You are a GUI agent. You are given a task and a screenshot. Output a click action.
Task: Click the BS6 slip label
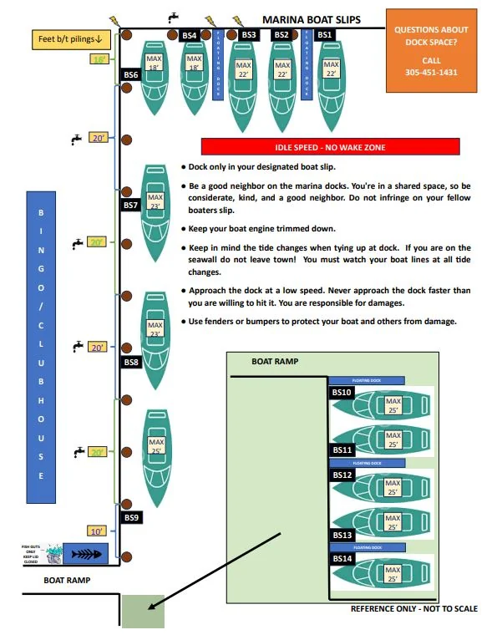pos(131,74)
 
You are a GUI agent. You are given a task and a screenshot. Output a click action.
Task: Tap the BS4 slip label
pos(190,35)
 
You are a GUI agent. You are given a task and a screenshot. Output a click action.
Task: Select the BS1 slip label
pos(325,35)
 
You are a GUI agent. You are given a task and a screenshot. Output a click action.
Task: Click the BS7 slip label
pos(131,205)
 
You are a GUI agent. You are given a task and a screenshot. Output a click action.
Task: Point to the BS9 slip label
pos(132,517)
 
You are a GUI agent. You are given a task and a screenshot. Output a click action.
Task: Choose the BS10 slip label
pos(342,392)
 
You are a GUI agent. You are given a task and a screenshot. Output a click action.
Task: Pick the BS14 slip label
pos(342,558)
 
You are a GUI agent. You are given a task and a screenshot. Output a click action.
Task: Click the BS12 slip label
pos(342,475)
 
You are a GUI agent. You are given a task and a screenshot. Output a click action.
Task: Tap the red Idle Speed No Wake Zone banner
pos(330,147)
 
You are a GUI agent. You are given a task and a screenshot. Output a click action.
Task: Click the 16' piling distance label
pos(100,59)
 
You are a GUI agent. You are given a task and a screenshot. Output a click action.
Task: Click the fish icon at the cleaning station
pos(86,553)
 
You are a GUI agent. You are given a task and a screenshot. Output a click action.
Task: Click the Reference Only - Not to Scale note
pos(413,609)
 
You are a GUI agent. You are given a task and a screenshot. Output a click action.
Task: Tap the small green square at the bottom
pos(144,612)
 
